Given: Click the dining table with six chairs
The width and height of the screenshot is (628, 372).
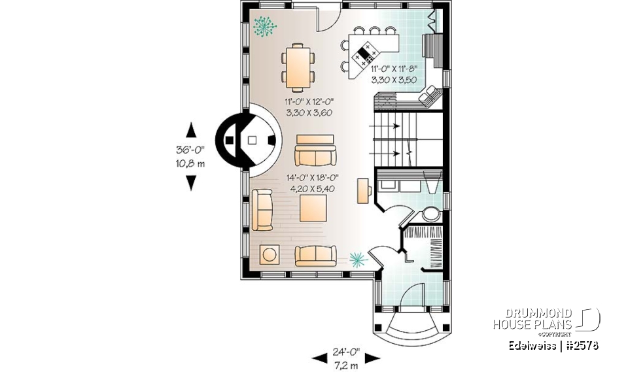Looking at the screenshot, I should tap(298, 66).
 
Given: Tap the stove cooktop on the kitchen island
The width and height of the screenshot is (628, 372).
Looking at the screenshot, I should tap(367, 54).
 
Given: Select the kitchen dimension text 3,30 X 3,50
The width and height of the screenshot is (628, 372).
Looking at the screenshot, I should tap(394, 80).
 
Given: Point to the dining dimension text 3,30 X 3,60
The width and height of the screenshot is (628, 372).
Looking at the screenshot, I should tap(309, 112).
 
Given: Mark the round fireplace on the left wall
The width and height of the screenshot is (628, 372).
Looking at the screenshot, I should tap(252, 139).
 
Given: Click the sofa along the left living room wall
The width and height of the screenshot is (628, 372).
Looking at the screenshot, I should tap(262, 210).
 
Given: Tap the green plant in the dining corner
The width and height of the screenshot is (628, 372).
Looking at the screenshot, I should tap(264, 25).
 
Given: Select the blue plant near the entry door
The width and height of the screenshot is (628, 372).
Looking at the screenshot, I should tap(357, 260).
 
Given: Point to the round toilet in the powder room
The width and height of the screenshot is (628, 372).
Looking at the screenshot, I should tap(430, 214).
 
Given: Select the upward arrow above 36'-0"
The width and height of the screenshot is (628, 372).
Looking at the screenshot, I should tap(190, 129).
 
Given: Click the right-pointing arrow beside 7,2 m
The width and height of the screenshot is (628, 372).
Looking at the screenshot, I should tap(372, 358).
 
